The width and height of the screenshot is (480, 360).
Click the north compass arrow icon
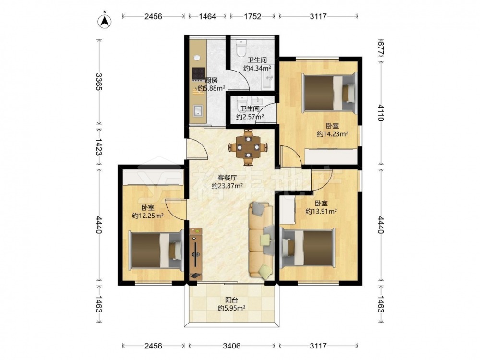pyautogui.click(x=104, y=21)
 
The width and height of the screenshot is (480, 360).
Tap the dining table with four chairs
pyautogui.click(x=248, y=147)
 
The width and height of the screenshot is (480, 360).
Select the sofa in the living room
pyautogui.click(x=261, y=240)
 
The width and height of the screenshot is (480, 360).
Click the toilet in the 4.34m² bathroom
pyautogui.click(x=241, y=48)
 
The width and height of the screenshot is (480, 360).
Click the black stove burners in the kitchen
pyautogui.click(x=198, y=73)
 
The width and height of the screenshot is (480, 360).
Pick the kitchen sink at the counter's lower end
pyautogui.click(x=198, y=111)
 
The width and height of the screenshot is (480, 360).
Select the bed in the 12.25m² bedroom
pyautogui.click(x=156, y=251)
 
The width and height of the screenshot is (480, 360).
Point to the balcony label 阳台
pyautogui.click(x=231, y=300)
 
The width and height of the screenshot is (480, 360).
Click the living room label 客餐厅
pyautogui.click(x=227, y=178)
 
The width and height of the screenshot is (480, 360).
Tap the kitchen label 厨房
pyautogui.click(x=211, y=81)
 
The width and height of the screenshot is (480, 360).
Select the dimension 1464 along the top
pyautogui.click(x=207, y=16)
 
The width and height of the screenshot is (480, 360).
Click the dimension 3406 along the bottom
pyautogui.click(x=231, y=346)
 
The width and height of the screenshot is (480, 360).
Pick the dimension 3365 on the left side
pyautogui.click(x=98, y=82)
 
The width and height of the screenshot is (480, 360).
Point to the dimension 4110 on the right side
pyautogui.click(x=381, y=113)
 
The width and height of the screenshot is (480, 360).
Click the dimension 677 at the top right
pyautogui.click(x=381, y=48)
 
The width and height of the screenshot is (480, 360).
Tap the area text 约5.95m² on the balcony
pyautogui.click(x=231, y=308)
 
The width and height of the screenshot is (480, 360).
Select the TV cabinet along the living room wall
pyautogui.click(x=196, y=254)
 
